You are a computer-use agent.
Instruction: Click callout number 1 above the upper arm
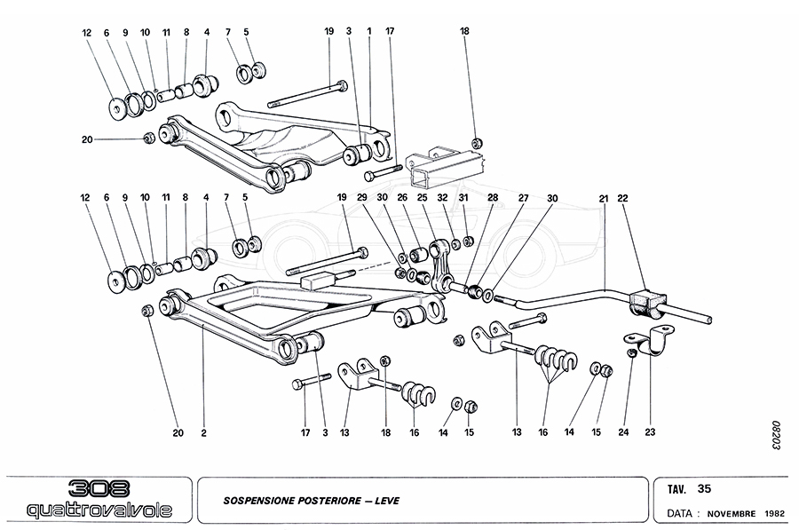(369, 32)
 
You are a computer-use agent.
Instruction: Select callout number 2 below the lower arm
(203, 433)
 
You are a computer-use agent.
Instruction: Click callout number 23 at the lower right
(650, 433)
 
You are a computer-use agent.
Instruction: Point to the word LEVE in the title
(386, 501)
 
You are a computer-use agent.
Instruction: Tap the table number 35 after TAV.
(705, 488)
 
